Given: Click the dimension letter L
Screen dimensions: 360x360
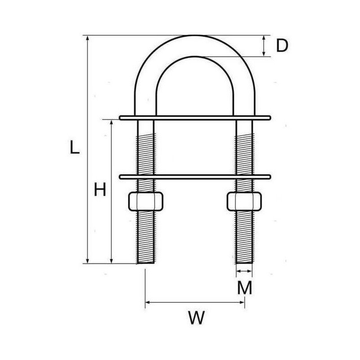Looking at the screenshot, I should [x=75, y=148].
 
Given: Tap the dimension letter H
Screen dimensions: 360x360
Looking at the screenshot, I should [x=100, y=190].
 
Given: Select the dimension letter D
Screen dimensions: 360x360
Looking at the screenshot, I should [x=281, y=45].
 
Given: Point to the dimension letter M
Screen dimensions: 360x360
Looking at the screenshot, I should [x=244, y=288].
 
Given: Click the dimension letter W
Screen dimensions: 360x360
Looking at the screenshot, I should [x=196, y=318].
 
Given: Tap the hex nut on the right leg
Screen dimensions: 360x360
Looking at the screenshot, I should [x=244, y=201].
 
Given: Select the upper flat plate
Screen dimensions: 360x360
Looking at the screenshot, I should [x=195, y=118].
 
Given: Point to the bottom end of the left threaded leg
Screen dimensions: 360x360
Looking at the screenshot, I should [x=145, y=262].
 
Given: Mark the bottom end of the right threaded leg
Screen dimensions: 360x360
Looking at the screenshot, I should [x=244, y=262].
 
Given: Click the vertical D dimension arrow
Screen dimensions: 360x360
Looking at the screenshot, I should [x=264, y=45].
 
